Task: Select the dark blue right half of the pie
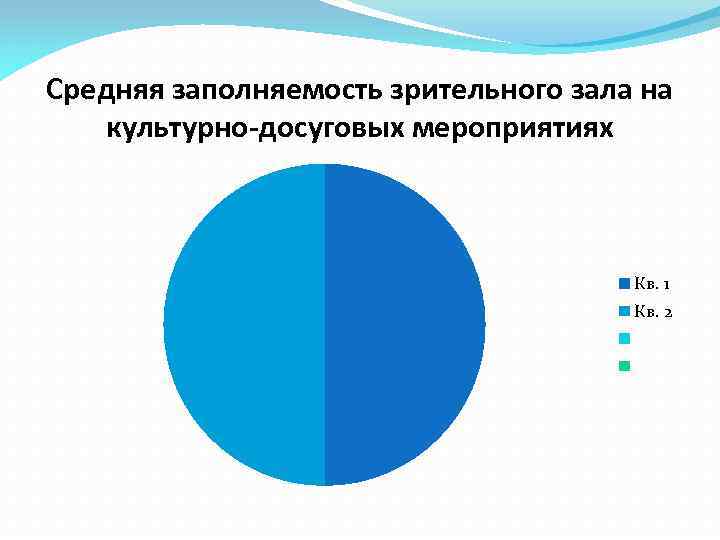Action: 405,325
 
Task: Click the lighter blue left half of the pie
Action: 245,325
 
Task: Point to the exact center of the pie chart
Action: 325,325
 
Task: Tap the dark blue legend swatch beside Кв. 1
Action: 624,283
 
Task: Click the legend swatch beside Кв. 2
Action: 624,311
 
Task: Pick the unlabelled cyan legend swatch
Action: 624,338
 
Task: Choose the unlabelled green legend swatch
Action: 624,365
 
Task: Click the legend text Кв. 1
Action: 652,284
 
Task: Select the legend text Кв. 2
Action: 652,312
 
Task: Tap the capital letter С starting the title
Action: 56,92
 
